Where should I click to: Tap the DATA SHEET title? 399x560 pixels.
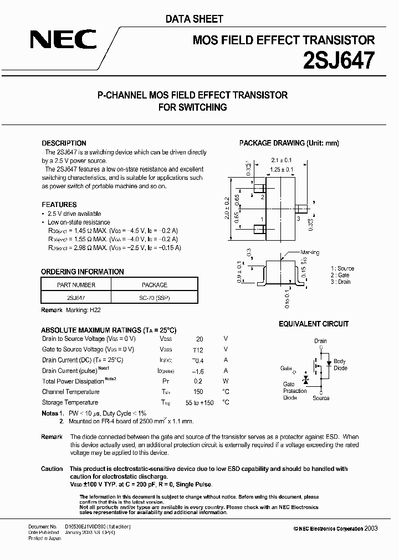195,19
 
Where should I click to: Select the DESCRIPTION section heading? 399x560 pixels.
64,143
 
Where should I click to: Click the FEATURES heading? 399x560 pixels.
59,204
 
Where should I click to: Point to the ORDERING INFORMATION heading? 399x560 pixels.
83,272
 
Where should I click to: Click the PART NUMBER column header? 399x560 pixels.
76,285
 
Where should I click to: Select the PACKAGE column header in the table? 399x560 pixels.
154,285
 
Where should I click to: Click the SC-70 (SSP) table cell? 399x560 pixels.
154,298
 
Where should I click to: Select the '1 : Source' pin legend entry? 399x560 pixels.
342,268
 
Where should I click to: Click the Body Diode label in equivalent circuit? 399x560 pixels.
340,364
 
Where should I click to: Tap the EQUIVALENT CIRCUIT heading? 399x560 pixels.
314,324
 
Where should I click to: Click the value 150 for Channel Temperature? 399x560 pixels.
199,392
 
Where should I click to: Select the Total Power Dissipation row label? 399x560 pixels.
73,381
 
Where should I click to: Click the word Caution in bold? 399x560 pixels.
52,469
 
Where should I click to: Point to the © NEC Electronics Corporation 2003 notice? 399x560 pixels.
335,528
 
